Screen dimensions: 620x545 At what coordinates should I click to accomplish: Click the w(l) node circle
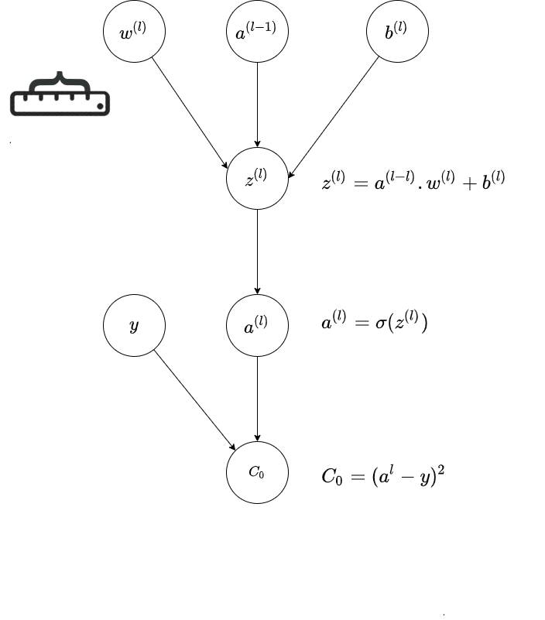[x=134, y=31]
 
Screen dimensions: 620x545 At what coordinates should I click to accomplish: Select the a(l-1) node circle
[x=257, y=31]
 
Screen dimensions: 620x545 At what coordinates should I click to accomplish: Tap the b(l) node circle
[x=396, y=31]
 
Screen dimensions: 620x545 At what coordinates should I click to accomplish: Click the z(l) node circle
[x=257, y=178]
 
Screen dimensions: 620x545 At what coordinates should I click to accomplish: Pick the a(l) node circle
[x=257, y=325]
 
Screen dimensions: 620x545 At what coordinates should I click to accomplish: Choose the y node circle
[x=134, y=325]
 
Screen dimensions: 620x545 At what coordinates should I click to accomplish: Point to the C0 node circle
[x=257, y=472]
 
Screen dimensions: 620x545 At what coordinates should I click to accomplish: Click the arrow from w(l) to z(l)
[x=189, y=111]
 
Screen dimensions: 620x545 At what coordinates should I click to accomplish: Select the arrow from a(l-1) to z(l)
[x=257, y=104]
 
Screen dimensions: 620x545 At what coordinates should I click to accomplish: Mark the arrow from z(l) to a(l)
[x=257, y=252]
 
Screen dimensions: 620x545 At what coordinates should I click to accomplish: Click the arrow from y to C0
[x=194, y=399]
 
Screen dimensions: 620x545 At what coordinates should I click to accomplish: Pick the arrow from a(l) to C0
[x=257, y=399]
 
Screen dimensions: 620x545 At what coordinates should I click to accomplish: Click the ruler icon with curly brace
[x=60, y=94]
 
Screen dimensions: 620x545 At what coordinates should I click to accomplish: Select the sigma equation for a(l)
[x=375, y=322]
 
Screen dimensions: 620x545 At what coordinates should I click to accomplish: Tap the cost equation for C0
[x=383, y=475]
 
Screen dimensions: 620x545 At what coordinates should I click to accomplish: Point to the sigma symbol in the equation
[x=381, y=324]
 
